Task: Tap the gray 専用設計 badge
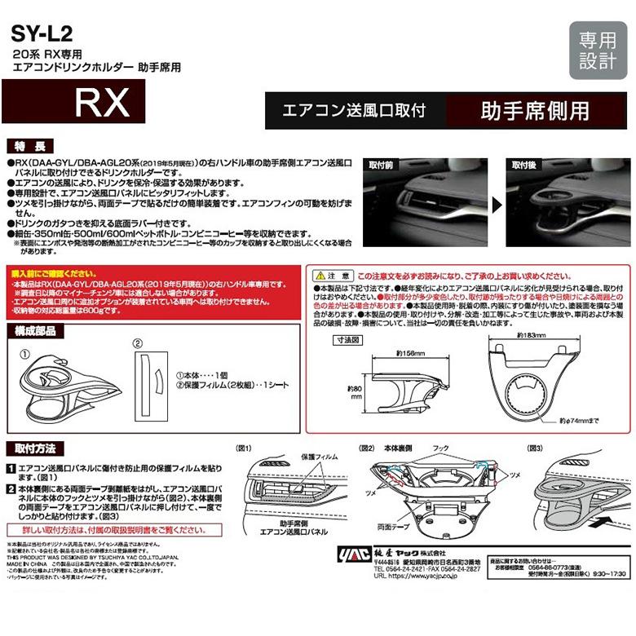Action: click(x=598, y=51)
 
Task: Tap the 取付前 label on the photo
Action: click(x=382, y=166)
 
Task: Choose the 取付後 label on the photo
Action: click(x=525, y=166)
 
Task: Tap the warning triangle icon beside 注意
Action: click(x=321, y=276)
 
